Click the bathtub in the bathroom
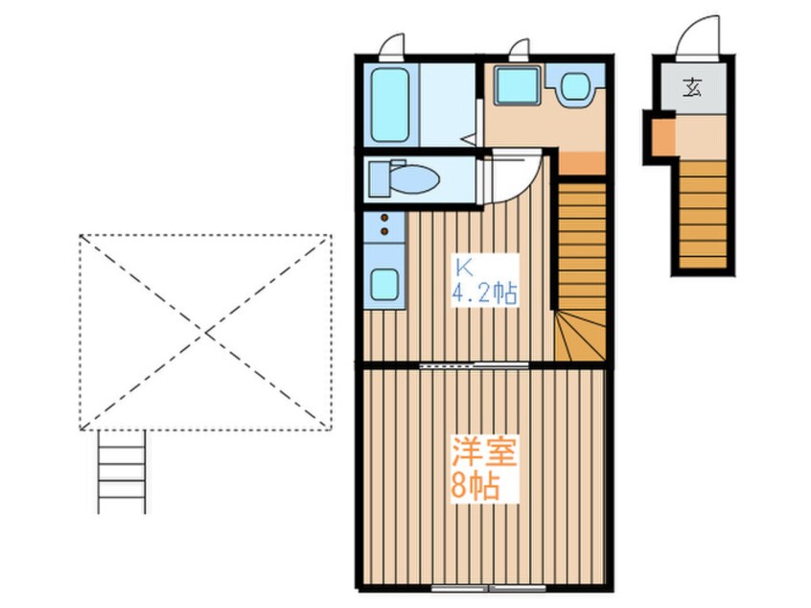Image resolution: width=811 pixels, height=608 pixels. (x=391, y=103)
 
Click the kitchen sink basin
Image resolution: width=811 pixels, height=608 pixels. (x=385, y=284)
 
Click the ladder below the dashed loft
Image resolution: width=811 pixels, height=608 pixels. (x=121, y=472)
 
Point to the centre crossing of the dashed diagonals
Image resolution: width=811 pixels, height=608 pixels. (x=205, y=332)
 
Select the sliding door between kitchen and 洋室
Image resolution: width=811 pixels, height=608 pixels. (x=472, y=365)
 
